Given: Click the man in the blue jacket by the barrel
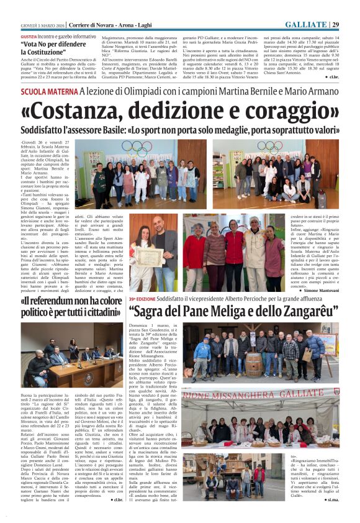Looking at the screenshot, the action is [204, 357].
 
